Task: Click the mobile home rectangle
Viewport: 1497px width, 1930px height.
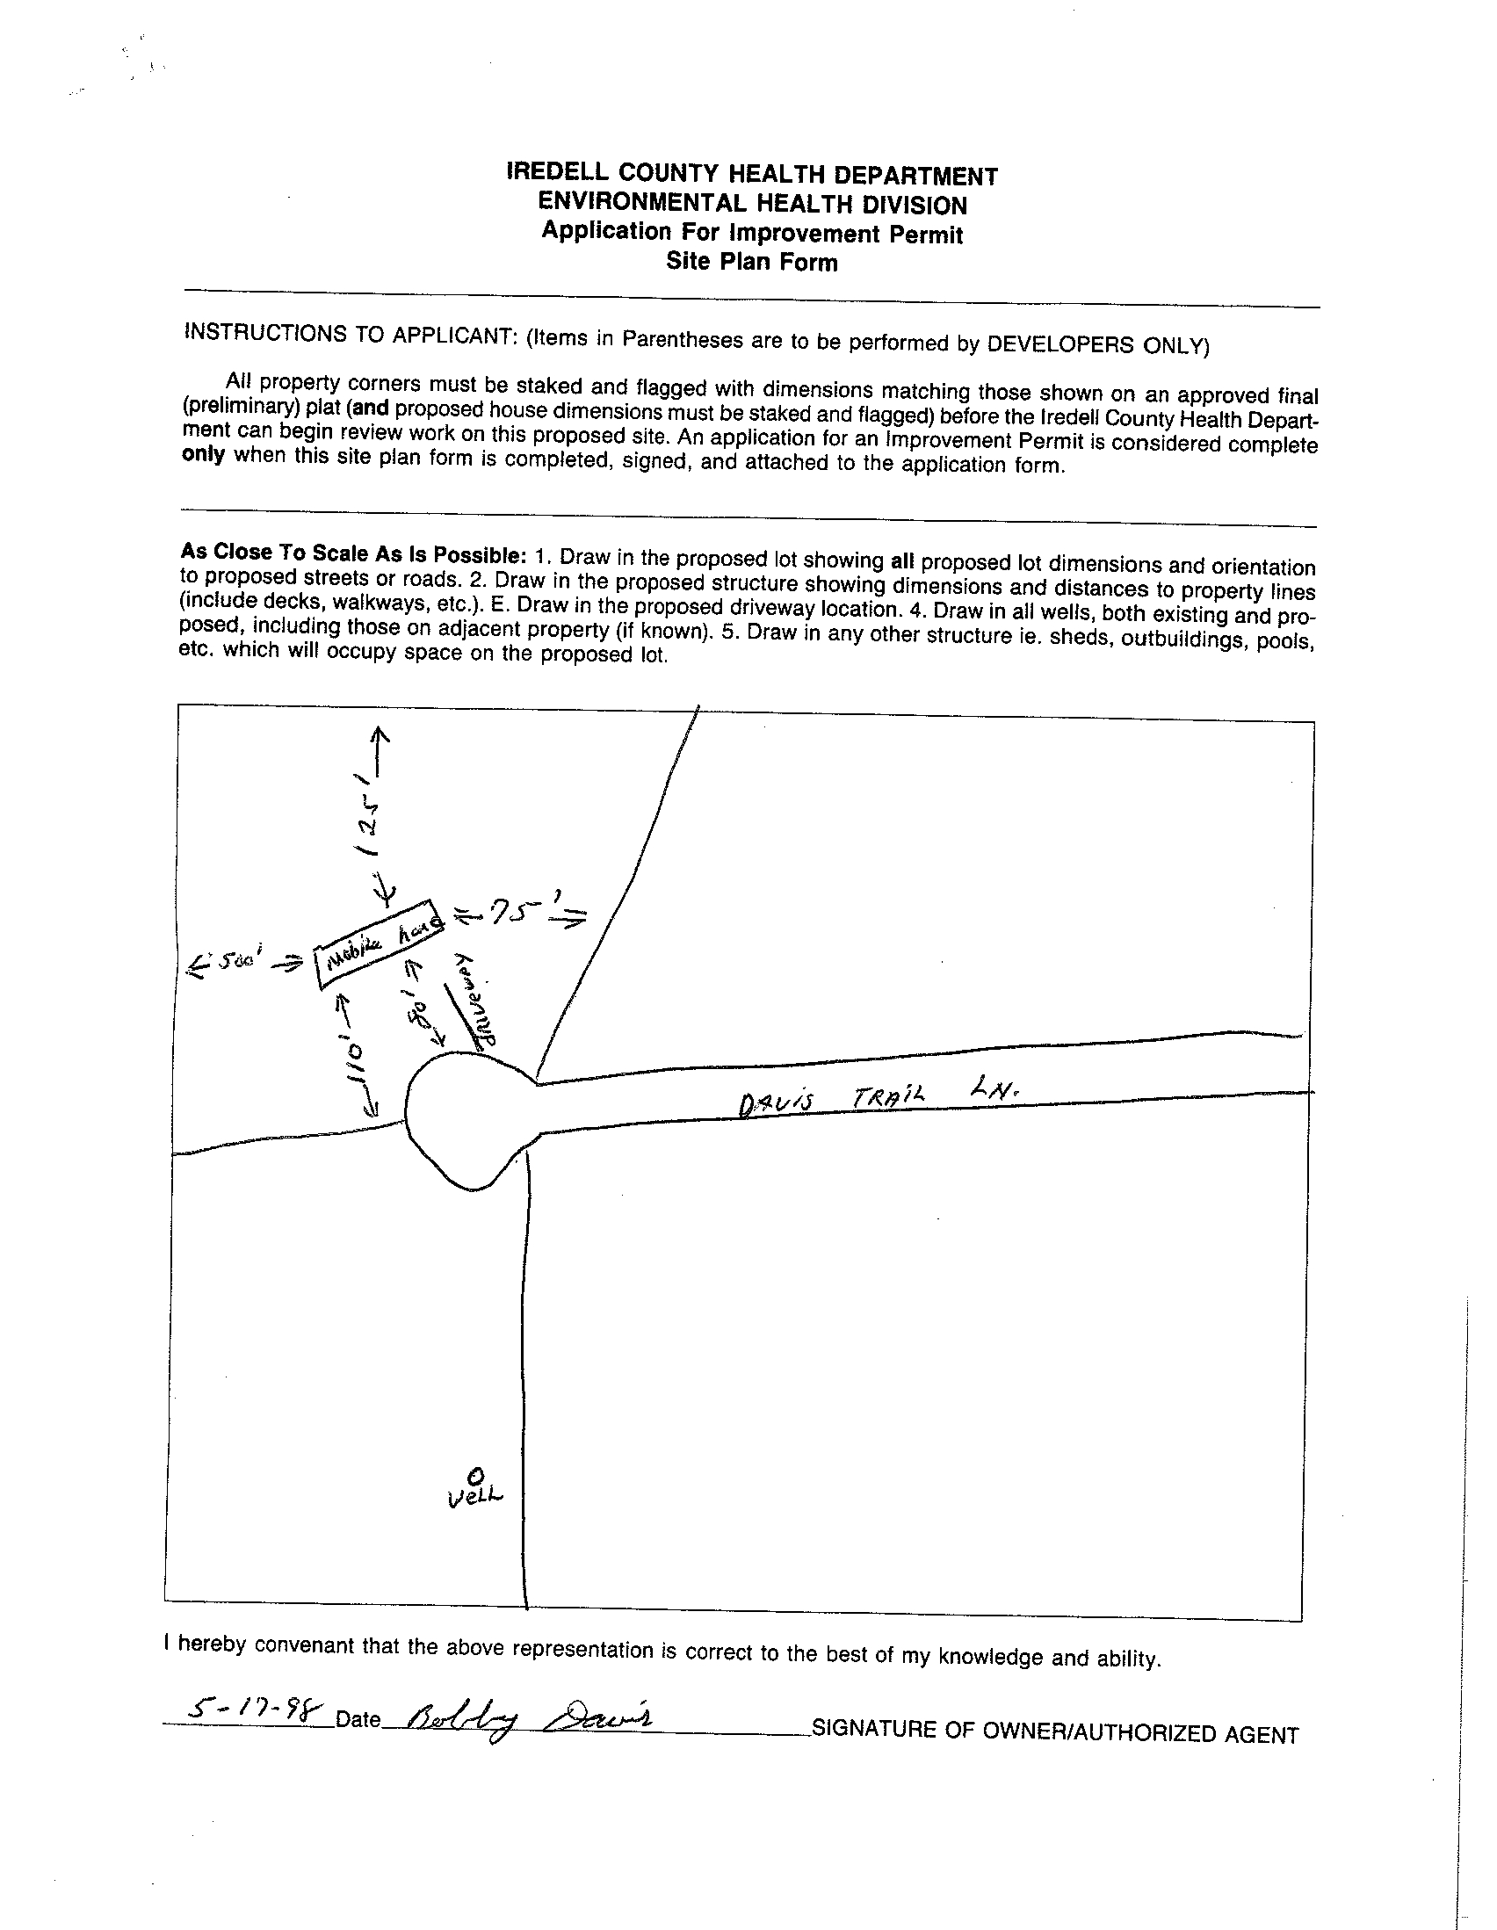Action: pos(380,945)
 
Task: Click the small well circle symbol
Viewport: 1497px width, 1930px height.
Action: pos(475,1475)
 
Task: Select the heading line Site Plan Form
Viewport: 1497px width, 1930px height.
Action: pos(751,262)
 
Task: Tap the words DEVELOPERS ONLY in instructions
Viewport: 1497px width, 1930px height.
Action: pos(1096,344)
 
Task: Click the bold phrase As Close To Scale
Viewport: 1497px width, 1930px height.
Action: pos(292,553)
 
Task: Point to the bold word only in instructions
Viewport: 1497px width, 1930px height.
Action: pos(203,455)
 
